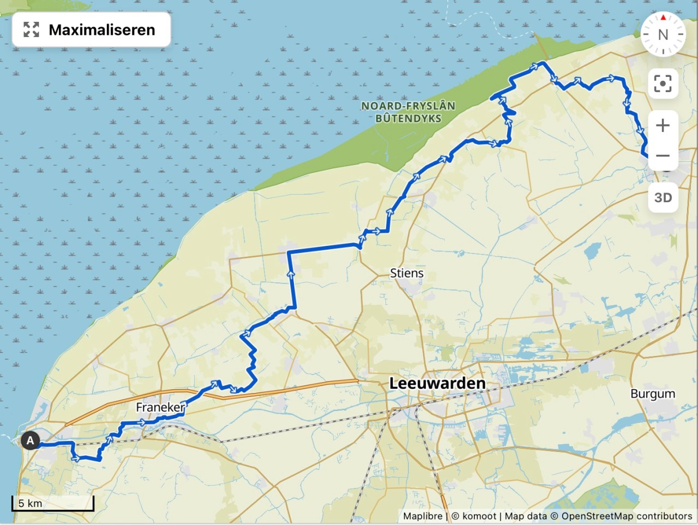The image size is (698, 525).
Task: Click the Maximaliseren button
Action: (91, 29)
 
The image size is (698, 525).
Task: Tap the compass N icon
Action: (663, 34)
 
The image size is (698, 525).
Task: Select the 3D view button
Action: (663, 197)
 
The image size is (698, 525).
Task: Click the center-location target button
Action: (663, 83)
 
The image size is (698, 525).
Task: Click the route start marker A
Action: (30, 440)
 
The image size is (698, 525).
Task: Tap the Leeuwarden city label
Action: (437, 383)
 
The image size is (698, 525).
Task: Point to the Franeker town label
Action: (160, 407)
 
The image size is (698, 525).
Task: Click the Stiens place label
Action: (406, 273)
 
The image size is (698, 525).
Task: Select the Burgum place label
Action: (653, 394)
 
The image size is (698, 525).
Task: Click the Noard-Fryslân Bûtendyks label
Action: (408, 112)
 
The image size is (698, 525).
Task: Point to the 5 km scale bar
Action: (53, 504)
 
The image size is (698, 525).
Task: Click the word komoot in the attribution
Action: (479, 516)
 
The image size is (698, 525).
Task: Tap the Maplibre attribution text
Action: (422, 516)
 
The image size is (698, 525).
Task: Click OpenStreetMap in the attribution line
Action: (597, 516)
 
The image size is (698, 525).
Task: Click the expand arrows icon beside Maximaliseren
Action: (32, 29)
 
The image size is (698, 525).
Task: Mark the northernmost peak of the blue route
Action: (541, 63)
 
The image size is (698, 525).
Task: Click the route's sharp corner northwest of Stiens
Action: (288, 252)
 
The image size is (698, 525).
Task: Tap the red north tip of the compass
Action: (663, 17)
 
